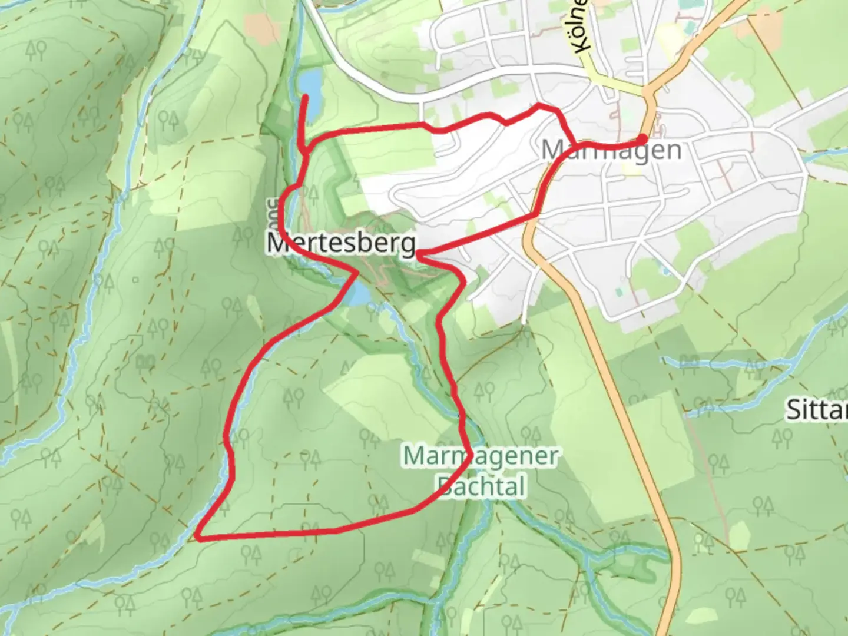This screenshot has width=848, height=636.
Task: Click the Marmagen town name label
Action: (x=611, y=150)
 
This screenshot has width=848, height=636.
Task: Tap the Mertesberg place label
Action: (x=342, y=243)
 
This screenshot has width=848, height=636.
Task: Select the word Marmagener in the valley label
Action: (x=480, y=456)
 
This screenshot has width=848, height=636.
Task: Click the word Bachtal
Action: (x=481, y=486)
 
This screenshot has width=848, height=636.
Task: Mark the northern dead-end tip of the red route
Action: (x=306, y=97)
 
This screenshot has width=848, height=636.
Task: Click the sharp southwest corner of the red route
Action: (x=199, y=537)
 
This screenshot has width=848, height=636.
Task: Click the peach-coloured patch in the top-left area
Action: (x=262, y=26)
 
